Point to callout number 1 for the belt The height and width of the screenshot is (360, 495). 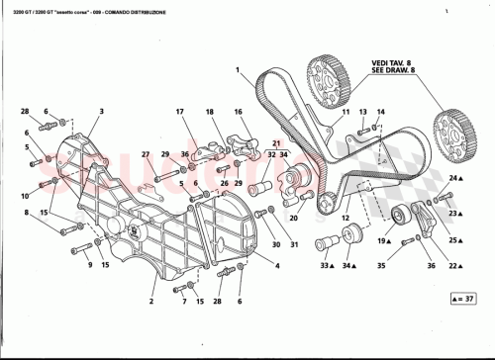pyautogui.click(x=239, y=70)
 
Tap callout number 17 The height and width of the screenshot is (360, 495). pyautogui.click(x=181, y=112)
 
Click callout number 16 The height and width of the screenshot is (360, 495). pyautogui.click(x=239, y=112)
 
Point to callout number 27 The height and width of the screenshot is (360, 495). pyautogui.click(x=146, y=154)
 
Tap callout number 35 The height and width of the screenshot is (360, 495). pyautogui.click(x=381, y=266)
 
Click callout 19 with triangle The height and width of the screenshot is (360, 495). pyautogui.click(x=381, y=240)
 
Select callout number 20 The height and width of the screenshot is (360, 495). pyautogui.click(x=294, y=220)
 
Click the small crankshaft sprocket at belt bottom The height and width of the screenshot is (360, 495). pyautogui.click(x=324, y=205)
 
